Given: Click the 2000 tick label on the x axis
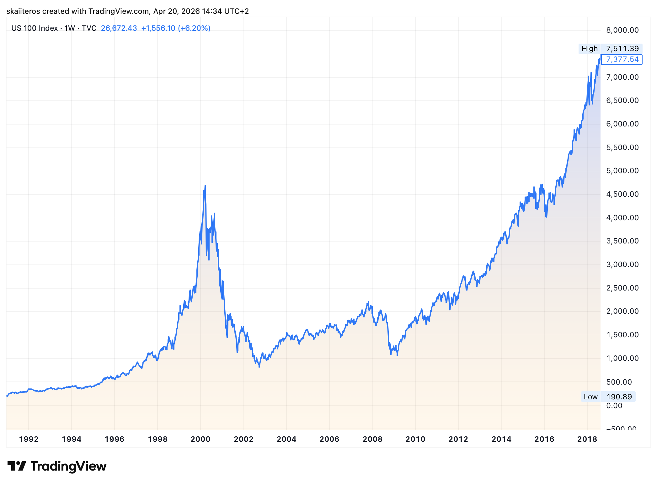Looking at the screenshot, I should [x=200, y=439].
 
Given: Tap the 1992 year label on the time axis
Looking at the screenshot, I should [x=29, y=439].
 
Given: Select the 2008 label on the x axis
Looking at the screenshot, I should [x=372, y=439].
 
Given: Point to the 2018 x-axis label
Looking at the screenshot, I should [x=587, y=439].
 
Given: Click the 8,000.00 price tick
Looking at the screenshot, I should [x=622, y=30].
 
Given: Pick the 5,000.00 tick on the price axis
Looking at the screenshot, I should [x=622, y=171].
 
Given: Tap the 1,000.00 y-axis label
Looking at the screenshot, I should [x=622, y=358].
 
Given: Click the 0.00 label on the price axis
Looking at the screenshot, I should [x=614, y=406].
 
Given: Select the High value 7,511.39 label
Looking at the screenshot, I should [x=622, y=49].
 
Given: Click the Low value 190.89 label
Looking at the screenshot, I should [x=619, y=397].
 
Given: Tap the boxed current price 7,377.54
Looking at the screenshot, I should [x=622, y=59].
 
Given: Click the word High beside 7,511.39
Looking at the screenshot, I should [x=589, y=49].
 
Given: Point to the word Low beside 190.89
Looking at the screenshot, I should [x=590, y=397].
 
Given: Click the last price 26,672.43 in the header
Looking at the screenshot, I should [x=119, y=28].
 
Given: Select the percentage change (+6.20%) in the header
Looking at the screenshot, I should [x=194, y=28].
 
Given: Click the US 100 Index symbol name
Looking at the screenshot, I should [x=35, y=28].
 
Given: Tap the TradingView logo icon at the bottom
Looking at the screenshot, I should [x=16, y=466].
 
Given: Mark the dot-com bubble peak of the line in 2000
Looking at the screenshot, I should [x=205, y=186].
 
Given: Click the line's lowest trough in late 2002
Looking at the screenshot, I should [x=259, y=366].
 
